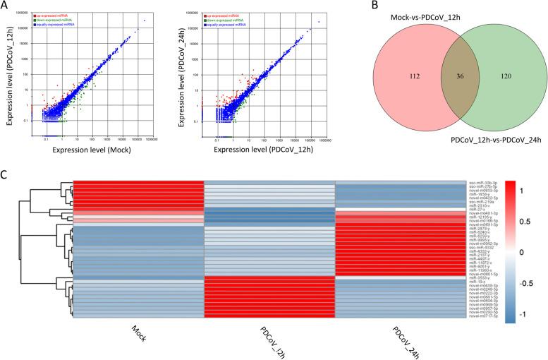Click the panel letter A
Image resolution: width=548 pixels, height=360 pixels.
pyautogui.click(x=6, y=6)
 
